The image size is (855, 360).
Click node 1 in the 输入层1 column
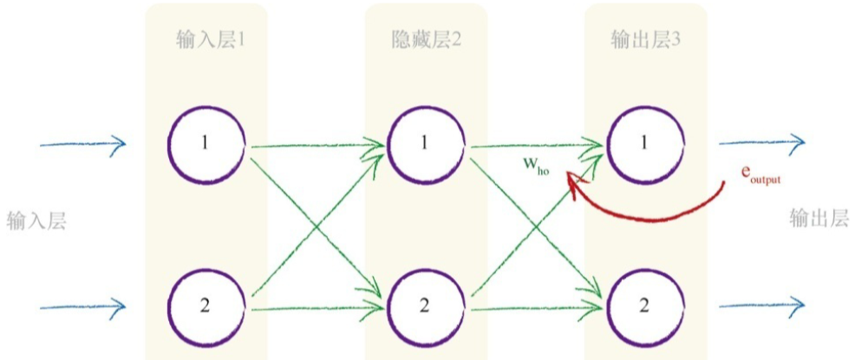tap(206, 143)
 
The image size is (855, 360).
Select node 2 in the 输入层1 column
tap(206, 305)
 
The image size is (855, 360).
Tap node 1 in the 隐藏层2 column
tap(425, 143)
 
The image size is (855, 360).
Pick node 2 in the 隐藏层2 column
tap(425, 305)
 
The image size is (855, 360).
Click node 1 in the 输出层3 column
tap(644, 143)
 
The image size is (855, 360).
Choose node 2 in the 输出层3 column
tap(644, 305)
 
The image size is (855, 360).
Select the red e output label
tap(760, 173)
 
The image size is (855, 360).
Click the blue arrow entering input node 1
tap(82, 144)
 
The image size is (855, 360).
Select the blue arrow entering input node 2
tap(82, 305)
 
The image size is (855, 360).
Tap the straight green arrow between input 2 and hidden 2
tap(317, 307)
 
